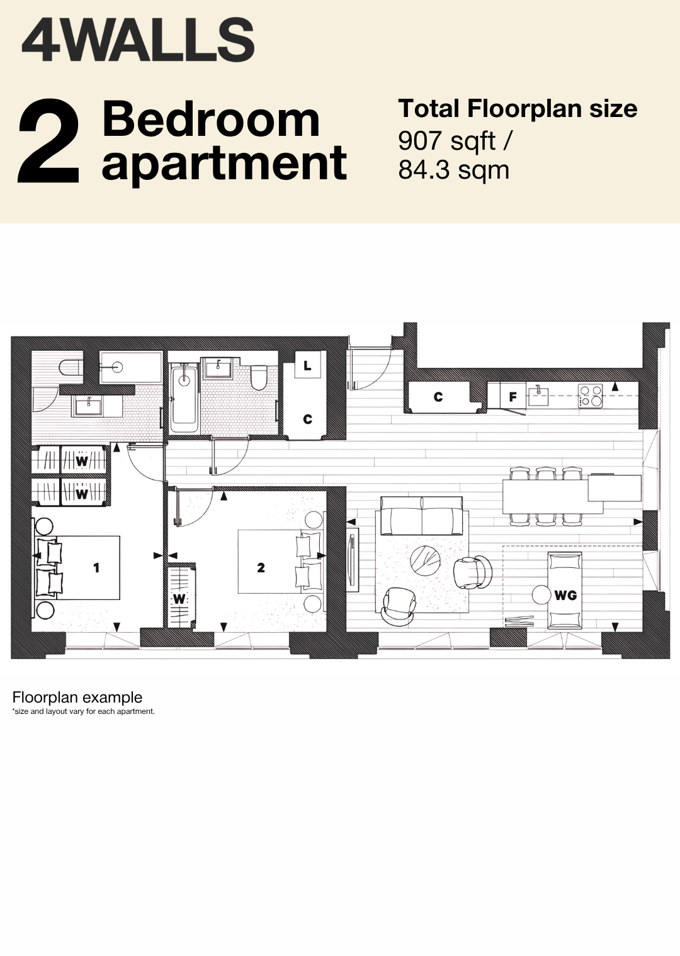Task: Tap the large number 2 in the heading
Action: (48, 140)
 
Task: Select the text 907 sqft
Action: (447, 141)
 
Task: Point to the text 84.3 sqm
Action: (453, 170)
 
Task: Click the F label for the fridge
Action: (513, 397)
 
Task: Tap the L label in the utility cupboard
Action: (307, 365)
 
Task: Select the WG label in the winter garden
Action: (565, 595)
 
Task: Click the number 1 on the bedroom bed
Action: (96, 567)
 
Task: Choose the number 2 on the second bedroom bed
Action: (261, 567)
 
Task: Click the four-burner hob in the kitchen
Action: (591, 396)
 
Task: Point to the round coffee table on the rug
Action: (426, 562)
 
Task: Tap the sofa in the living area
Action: (422, 516)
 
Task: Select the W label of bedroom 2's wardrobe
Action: (179, 599)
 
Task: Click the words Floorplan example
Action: (77, 698)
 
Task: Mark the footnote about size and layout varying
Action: (84, 711)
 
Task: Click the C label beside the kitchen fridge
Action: (438, 397)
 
